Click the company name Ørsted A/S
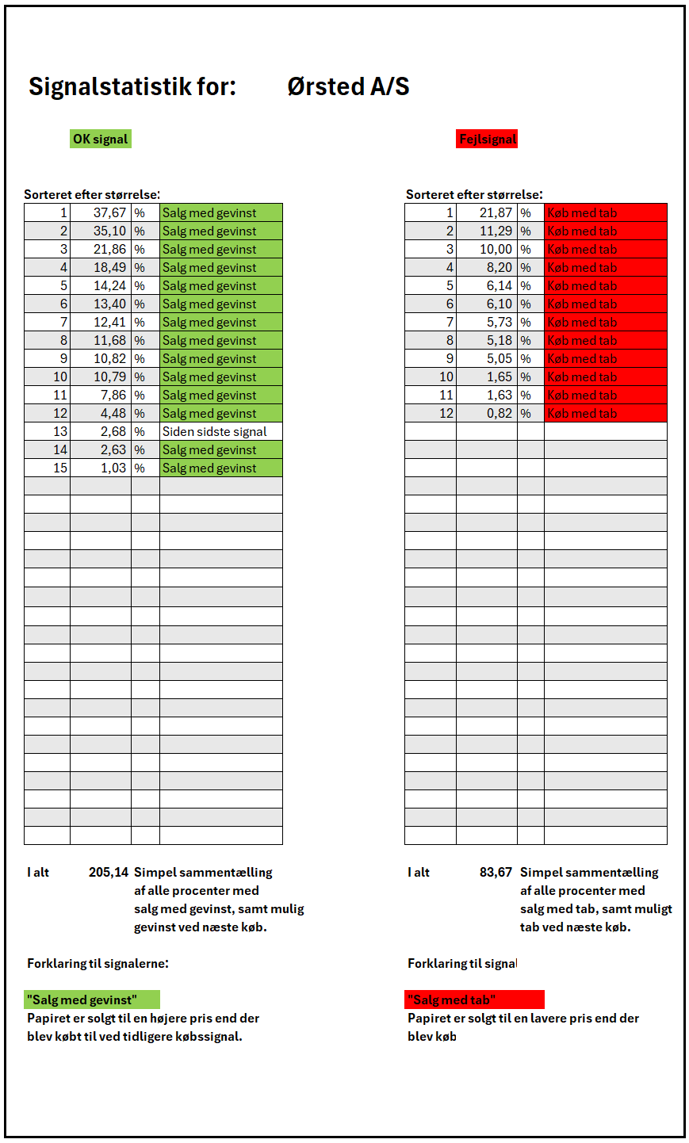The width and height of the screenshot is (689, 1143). coord(348,86)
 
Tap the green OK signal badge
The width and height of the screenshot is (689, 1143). coord(100,140)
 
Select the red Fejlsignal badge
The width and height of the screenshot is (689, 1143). coord(488,140)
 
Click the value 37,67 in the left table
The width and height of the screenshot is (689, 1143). coord(109,213)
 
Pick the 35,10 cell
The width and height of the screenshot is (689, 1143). coord(109,231)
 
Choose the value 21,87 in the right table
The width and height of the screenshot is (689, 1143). coord(496,213)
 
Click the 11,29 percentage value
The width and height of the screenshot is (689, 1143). coord(496,231)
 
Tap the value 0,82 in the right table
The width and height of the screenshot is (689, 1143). coord(500,414)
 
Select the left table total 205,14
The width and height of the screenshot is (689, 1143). coord(109,873)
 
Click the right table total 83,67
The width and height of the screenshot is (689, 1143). coord(496,873)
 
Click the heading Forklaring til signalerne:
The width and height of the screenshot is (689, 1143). coord(98,964)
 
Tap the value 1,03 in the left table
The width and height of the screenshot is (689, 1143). coord(113,468)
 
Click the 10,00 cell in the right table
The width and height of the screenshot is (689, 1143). coord(496,250)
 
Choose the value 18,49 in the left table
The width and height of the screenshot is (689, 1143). coord(109,268)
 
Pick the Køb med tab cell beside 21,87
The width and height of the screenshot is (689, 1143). coord(605,213)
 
